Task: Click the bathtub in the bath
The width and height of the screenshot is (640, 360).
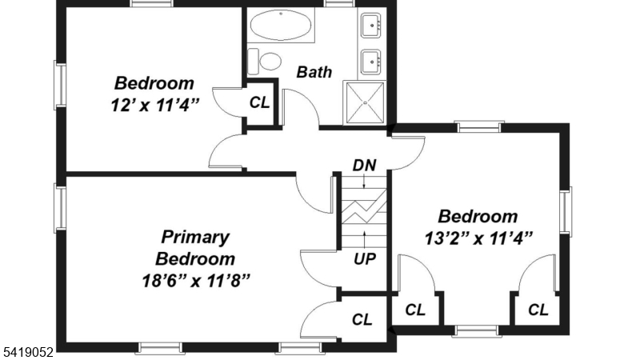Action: pos(282,26)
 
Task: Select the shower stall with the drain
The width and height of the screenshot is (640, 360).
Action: pos(365,102)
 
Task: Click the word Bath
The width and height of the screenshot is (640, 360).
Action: pos(314,72)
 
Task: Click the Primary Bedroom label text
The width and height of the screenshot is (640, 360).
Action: pos(195,248)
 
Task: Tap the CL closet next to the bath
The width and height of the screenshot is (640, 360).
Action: pos(260,102)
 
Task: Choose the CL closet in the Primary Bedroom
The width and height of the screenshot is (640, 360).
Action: pos(362,319)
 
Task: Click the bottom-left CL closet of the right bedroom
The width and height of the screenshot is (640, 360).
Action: pos(414,310)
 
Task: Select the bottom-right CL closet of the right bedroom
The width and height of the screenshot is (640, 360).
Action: pos(538,310)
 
